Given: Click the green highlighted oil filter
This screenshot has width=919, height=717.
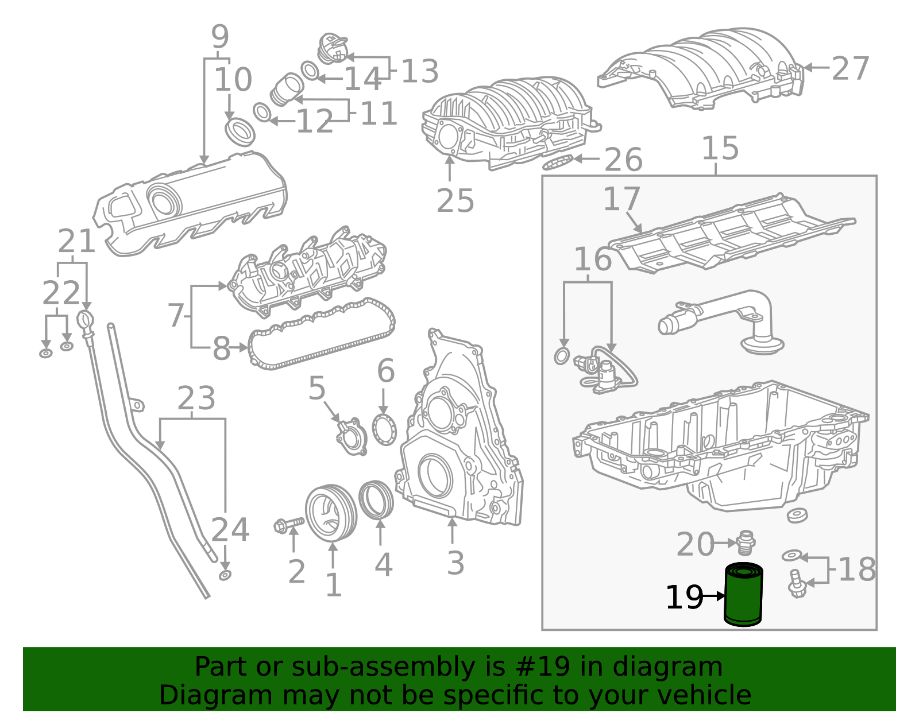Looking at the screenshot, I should (x=743, y=595).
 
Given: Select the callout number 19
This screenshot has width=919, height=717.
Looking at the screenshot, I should (x=684, y=598).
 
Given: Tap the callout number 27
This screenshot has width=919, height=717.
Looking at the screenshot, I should (x=850, y=69).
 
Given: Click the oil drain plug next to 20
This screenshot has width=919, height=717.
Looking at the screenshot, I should (x=746, y=542).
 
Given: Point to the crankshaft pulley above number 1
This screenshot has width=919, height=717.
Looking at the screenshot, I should (x=330, y=513).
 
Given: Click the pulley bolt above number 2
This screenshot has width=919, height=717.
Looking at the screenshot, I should (x=289, y=524).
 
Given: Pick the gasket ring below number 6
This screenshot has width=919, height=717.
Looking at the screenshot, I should (x=384, y=429).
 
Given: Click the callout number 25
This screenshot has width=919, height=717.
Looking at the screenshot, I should (x=455, y=201).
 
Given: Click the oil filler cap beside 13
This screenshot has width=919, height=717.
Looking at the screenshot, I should (x=333, y=49).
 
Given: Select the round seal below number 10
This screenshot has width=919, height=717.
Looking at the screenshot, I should (x=240, y=132).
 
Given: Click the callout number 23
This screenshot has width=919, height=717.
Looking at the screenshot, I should (x=196, y=398).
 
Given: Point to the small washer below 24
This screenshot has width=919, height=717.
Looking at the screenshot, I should (x=225, y=575).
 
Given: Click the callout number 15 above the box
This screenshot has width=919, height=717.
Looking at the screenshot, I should (x=720, y=149).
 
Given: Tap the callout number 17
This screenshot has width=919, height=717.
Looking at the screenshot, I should (x=621, y=199).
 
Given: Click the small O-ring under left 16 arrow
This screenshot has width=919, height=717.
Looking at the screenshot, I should (x=562, y=356).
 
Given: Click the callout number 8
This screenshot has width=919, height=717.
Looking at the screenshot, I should (x=221, y=348).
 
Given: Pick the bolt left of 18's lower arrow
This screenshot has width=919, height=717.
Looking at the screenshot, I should (x=796, y=584).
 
